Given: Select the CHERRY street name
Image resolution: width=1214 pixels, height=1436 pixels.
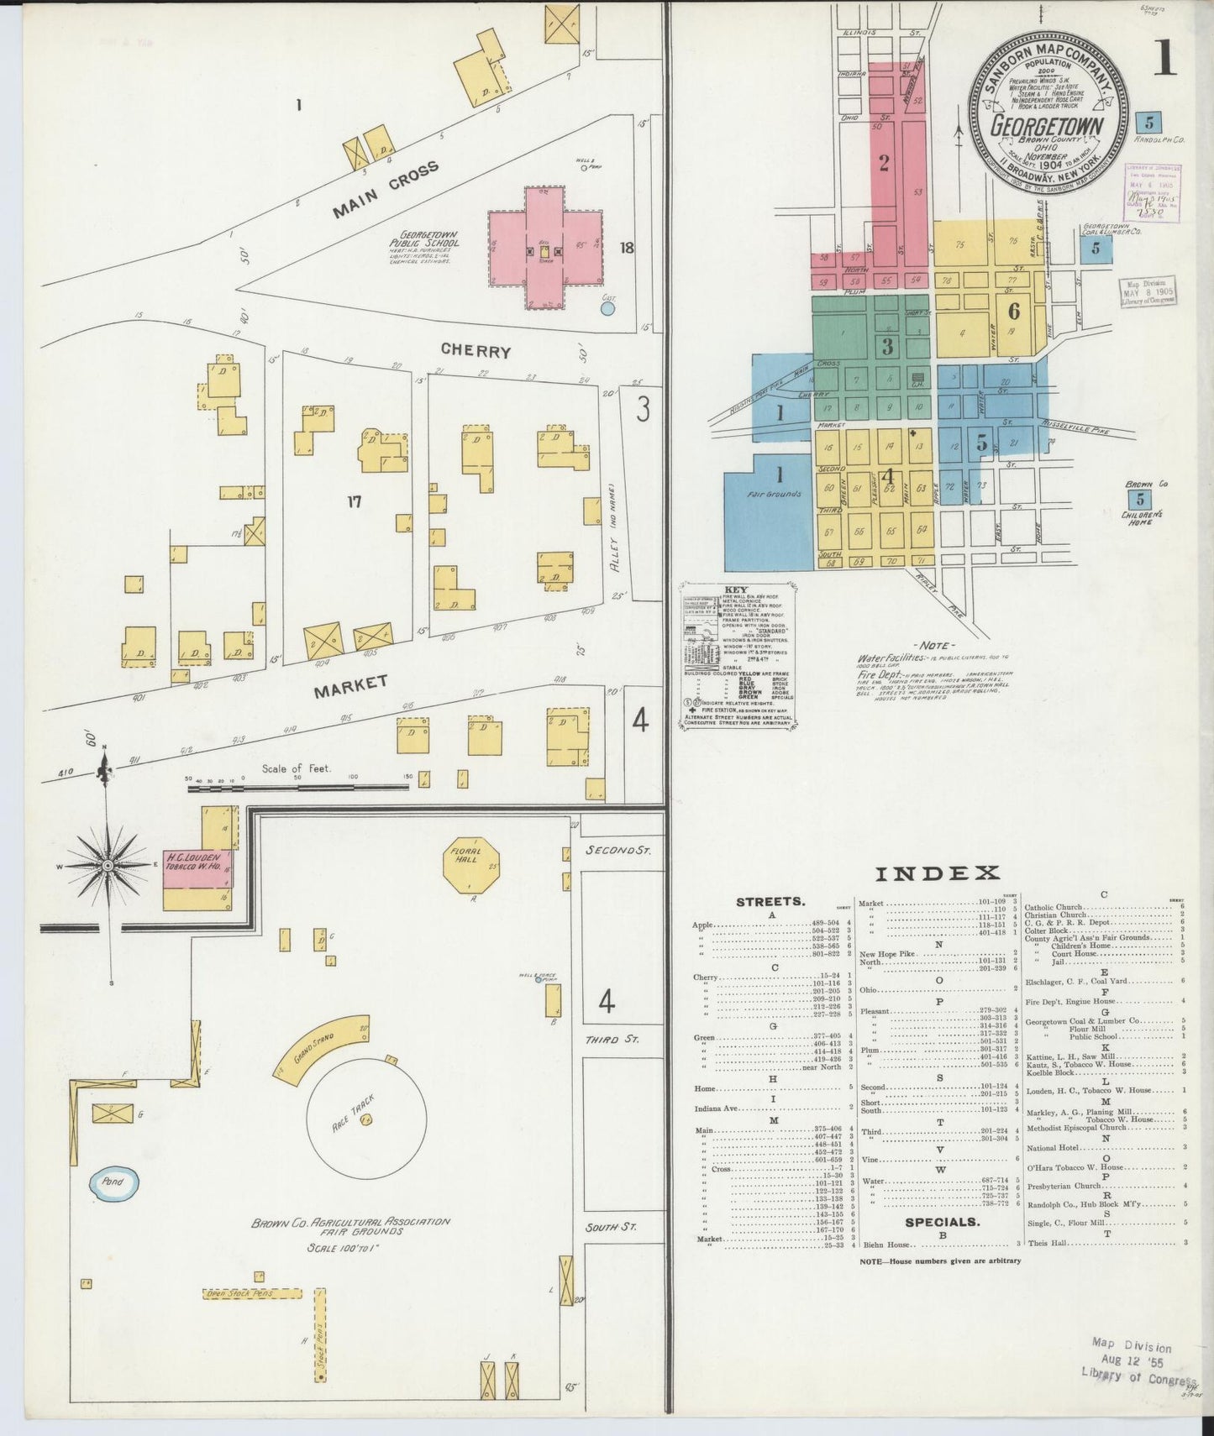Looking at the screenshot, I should (x=476, y=351).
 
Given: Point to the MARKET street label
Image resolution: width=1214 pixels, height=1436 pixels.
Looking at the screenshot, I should (x=350, y=687).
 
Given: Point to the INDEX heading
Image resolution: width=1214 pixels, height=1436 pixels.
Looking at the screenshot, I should (x=938, y=873).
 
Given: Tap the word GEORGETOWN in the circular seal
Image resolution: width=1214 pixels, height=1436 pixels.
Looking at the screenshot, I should (x=1046, y=125).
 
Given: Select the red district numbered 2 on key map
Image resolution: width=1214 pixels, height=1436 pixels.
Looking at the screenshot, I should (x=884, y=163).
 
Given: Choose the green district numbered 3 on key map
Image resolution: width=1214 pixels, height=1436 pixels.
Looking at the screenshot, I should (x=887, y=345).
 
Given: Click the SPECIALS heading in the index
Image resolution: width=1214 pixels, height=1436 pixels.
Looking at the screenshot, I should (x=942, y=1221).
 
